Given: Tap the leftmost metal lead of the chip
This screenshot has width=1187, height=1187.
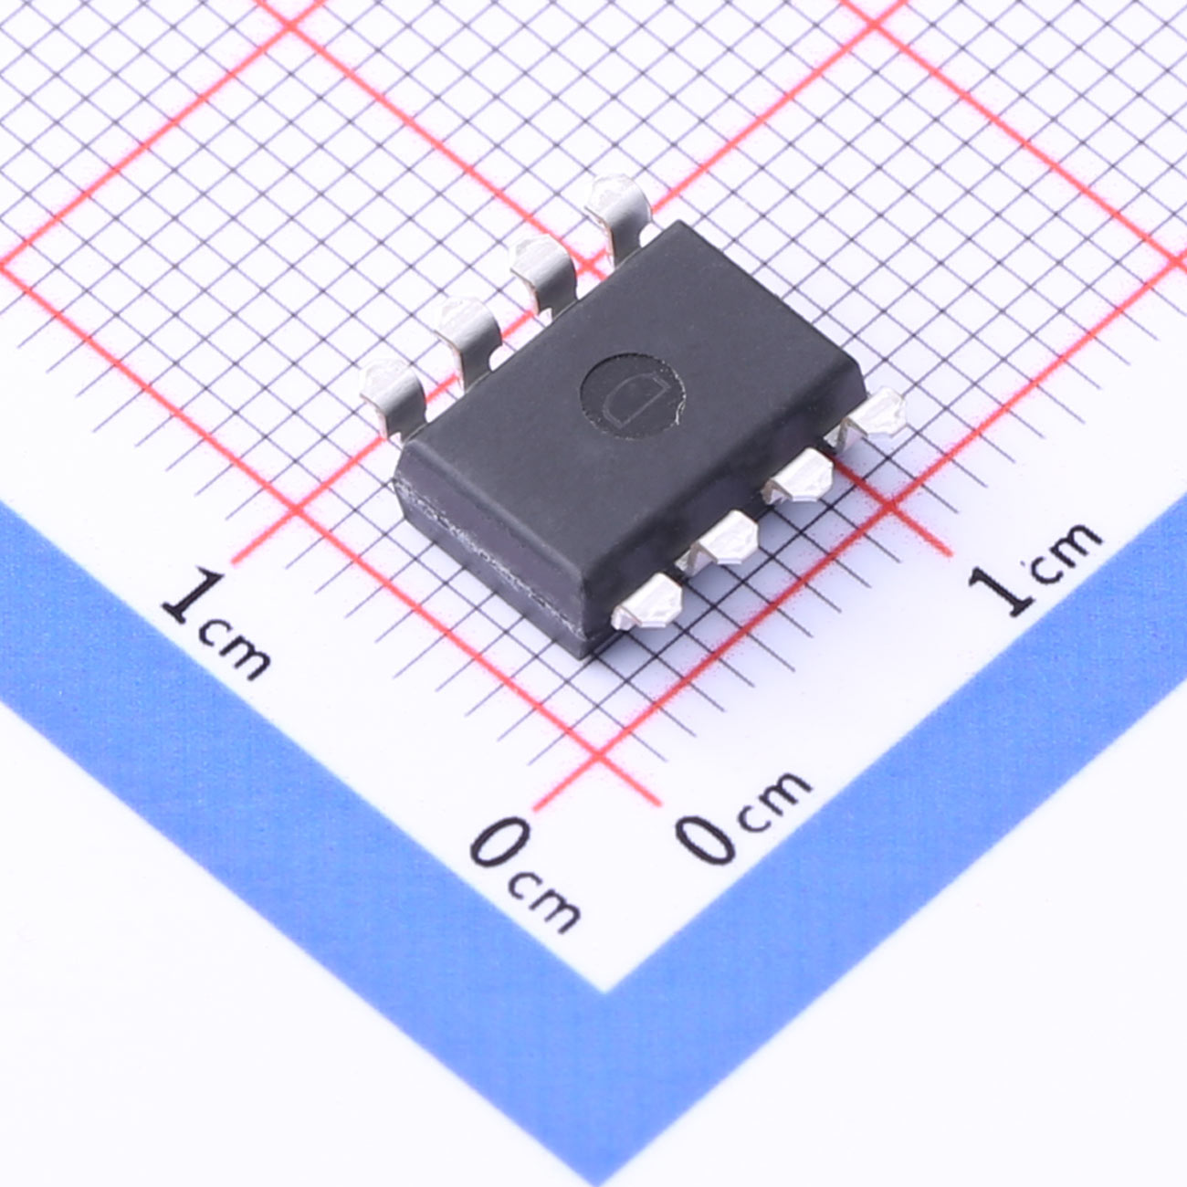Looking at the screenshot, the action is coord(392,394).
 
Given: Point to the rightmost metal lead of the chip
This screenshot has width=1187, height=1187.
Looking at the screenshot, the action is coord(870,416).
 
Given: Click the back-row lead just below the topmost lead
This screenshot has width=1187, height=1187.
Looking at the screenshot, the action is coord(543,274).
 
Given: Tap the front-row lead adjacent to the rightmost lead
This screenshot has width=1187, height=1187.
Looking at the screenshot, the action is coord(798,476).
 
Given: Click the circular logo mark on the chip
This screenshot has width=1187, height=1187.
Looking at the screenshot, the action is coord(632,396).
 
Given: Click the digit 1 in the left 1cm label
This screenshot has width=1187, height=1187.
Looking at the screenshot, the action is coord(192,595).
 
